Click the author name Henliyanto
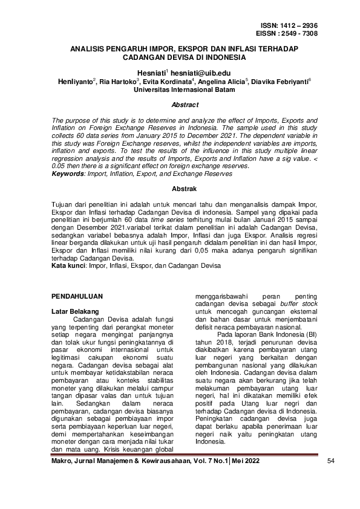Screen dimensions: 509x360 (76, 80)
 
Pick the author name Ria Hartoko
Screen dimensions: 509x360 (118, 80)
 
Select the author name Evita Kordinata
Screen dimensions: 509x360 (166, 80)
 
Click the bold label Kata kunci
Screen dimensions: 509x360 (67, 265)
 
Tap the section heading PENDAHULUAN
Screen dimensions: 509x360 (76, 296)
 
